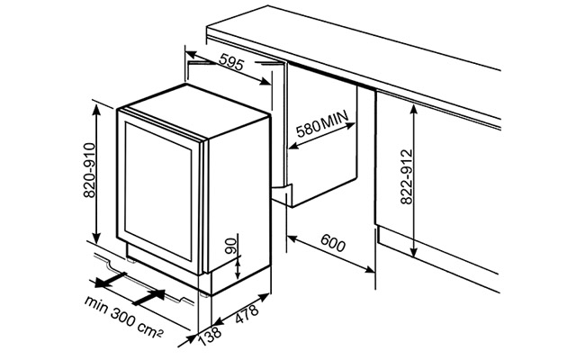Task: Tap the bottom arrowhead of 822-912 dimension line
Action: point(413,253)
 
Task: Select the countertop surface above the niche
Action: point(360,54)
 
